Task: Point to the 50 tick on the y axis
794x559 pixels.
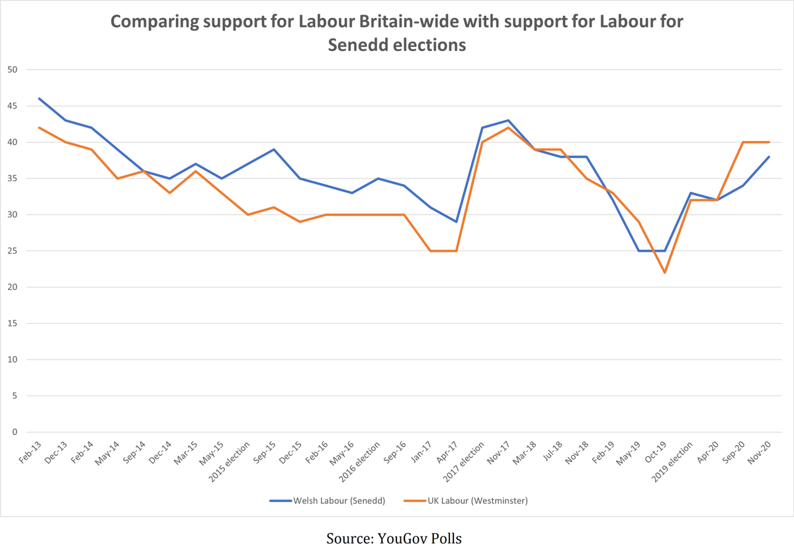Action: (12, 70)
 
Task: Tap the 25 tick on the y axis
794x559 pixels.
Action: (12, 251)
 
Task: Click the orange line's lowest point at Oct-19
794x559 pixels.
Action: (664, 273)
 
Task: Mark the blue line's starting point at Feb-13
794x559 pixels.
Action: (39, 99)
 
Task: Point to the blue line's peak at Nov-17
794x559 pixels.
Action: (508, 121)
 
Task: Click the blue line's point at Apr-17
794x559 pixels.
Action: (456, 222)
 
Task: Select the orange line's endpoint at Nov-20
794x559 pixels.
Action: (769, 142)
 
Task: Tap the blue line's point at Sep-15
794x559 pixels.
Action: (274, 150)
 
